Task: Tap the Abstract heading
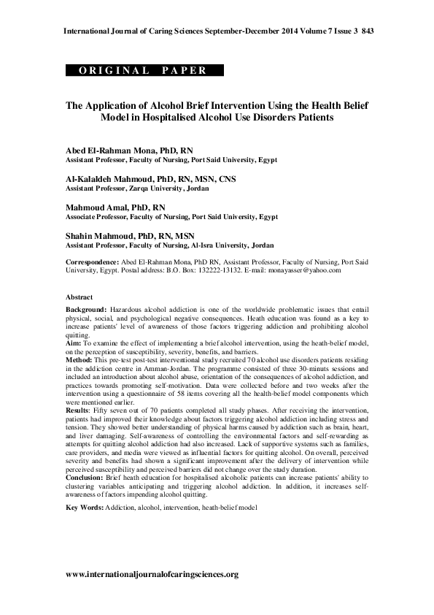pos(80,298)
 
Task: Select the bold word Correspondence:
pos(93,261)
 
